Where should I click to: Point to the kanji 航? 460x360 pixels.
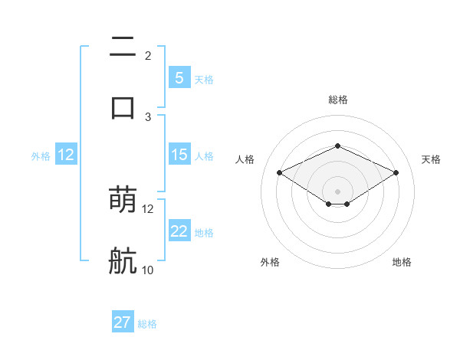coord(123,260)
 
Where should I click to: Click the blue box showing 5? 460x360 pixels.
coord(179,77)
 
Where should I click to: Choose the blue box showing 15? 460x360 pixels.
coord(179,155)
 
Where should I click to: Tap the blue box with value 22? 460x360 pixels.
coord(179,231)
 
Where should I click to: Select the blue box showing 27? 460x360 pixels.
coord(123,322)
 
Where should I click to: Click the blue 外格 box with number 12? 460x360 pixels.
coord(66,155)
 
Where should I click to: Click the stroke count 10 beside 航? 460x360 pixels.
coord(148,270)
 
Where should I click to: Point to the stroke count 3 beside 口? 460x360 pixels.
coord(148,116)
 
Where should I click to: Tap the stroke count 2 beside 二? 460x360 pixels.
coord(148,55)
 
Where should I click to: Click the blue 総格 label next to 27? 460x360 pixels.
coord(147,324)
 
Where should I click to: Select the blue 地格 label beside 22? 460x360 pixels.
coord(204,232)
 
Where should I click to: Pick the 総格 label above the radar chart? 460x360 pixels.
coord(337,100)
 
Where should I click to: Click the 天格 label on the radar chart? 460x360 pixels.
coord(431,159)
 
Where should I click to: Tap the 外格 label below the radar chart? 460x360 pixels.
coord(270,262)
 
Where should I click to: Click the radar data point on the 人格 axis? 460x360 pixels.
coord(279,172)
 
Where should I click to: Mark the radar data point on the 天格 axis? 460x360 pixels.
coord(396,172)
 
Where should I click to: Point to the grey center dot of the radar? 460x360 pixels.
coord(337,191)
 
